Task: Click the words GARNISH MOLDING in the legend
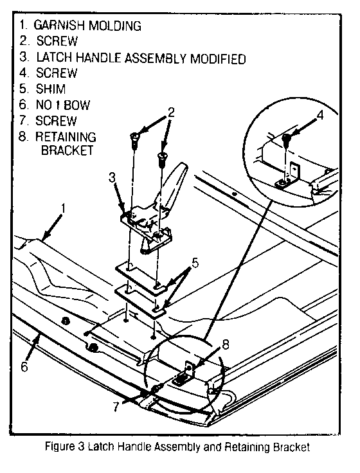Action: point(87,25)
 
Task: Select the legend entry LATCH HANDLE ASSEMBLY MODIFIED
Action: point(141,58)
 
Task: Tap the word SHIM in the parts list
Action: point(51,89)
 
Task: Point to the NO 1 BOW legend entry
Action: point(63,105)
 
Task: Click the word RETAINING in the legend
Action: point(66,137)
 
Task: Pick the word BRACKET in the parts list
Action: point(67,150)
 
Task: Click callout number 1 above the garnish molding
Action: point(63,208)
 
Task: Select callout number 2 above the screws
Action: point(171,112)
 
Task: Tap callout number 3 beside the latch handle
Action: point(112,177)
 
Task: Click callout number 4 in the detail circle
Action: point(320,115)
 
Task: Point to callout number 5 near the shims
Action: point(195,263)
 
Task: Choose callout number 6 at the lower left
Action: point(24,366)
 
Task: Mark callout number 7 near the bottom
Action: point(116,407)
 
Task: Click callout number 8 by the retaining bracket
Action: point(226,344)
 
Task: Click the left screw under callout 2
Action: point(134,140)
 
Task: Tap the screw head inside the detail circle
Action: point(286,139)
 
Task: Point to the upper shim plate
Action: point(142,277)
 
